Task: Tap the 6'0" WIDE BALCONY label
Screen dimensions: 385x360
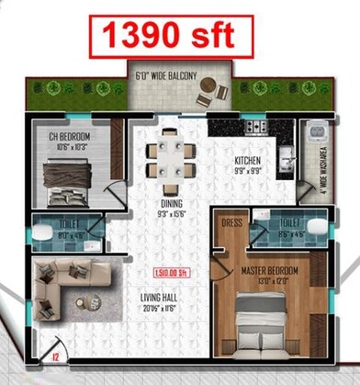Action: [x=165, y=76]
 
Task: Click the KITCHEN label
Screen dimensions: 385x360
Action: [x=247, y=159]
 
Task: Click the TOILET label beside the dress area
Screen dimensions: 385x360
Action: [x=290, y=222]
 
